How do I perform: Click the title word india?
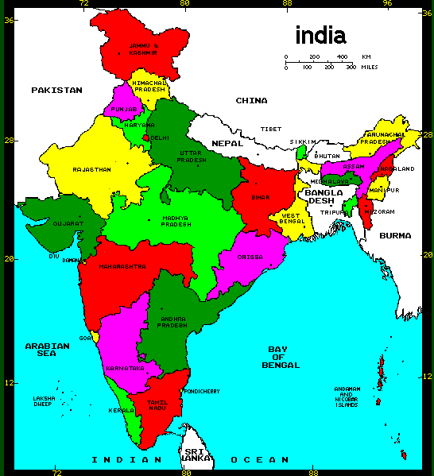(x=320, y=35)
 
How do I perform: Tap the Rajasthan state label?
(x=91, y=169)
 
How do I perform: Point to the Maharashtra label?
(x=122, y=267)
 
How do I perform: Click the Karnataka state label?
(x=125, y=369)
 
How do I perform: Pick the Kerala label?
(x=122, y=411)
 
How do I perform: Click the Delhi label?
(x=160, y=137)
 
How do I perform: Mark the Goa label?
(x=85, y=338)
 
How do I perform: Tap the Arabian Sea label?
(x=43, y=349)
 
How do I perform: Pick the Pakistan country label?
(x=56, y=90)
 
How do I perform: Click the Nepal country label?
(x=227, y=143)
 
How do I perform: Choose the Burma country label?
(x=395, y=236)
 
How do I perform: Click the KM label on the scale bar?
(x=366, y=57)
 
